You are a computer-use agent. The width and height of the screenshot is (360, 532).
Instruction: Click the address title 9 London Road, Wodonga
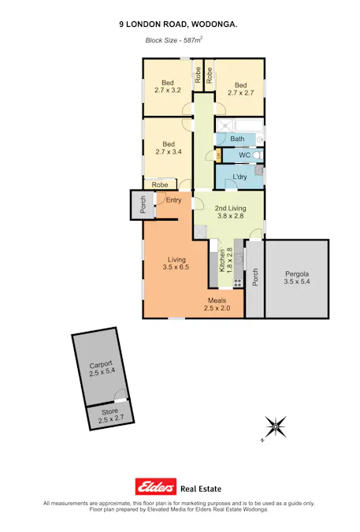click(178, 25)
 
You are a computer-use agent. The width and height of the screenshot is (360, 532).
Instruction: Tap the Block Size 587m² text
click(173, 39)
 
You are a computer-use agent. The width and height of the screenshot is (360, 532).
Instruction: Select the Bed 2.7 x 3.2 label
click(167, 87)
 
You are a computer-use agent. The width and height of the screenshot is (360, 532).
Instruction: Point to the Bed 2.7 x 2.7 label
click(239, 88)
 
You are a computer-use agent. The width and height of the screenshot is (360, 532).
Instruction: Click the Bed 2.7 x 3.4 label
click(167, 148)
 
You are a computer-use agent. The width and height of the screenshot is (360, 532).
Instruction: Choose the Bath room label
click(237, 139)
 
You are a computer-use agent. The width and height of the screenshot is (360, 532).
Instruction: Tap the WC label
click(244, 155)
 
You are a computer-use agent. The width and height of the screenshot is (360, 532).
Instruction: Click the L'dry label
click(239, 177)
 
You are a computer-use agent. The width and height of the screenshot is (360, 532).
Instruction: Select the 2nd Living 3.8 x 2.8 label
click(230, 212)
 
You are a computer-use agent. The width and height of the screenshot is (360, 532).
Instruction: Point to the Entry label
click(173, 200)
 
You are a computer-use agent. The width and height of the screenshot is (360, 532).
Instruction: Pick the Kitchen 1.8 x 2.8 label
click(225, 262)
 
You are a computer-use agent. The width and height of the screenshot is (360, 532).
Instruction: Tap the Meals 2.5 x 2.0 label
click(217, 304)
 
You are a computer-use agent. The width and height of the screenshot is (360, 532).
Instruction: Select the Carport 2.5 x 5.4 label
click(101, 367)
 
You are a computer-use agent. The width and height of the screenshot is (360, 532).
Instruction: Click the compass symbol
click(275, 427)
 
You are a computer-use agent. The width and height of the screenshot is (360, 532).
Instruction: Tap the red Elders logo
click(156, 486)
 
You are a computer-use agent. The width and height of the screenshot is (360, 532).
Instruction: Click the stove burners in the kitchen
click(236, 282)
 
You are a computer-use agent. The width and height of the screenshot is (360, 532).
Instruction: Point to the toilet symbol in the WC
click(257, 155)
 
